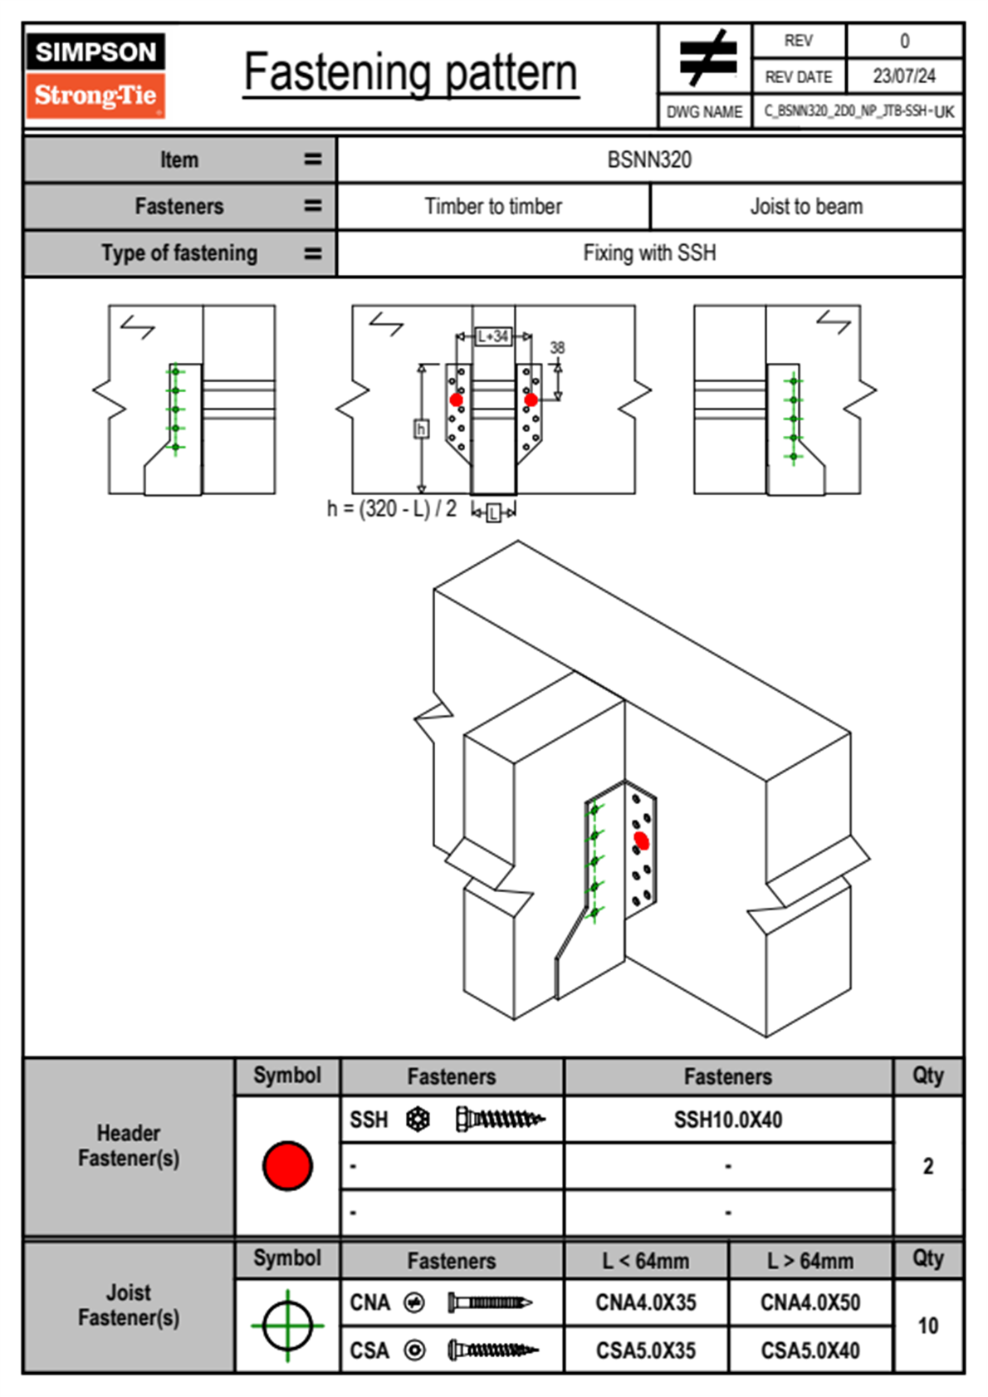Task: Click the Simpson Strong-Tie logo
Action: (x=95, y=76)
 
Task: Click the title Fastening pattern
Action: (x=410, y=72)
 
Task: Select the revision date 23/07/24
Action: (x=903, y=76)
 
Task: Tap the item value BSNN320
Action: (x=649, y=159)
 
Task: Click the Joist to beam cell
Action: (x=806, y=206)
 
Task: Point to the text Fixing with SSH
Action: (x=649, y=252)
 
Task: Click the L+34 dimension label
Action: (x=493, y=336)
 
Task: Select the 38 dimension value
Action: (x=557, y=347)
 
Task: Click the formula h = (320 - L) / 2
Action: (x=392, y=508)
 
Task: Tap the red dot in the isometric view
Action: (x=641, y=841)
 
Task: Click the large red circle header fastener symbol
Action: (x=287, y=1165)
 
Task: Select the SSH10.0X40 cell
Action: (x=728, y=1120)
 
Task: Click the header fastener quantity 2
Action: (x=927, y=1166)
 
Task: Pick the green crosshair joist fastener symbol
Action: (x=287, y=1326)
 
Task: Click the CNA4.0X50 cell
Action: (x=810, y=1302)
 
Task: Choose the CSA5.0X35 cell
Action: (x=646, y=1350)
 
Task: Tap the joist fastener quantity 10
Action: (x=927, y=1326)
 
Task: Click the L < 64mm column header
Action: (x=646, y=1261)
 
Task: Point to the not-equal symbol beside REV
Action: (x=707, y=59)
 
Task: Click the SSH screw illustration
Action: (x=500, y=1120)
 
